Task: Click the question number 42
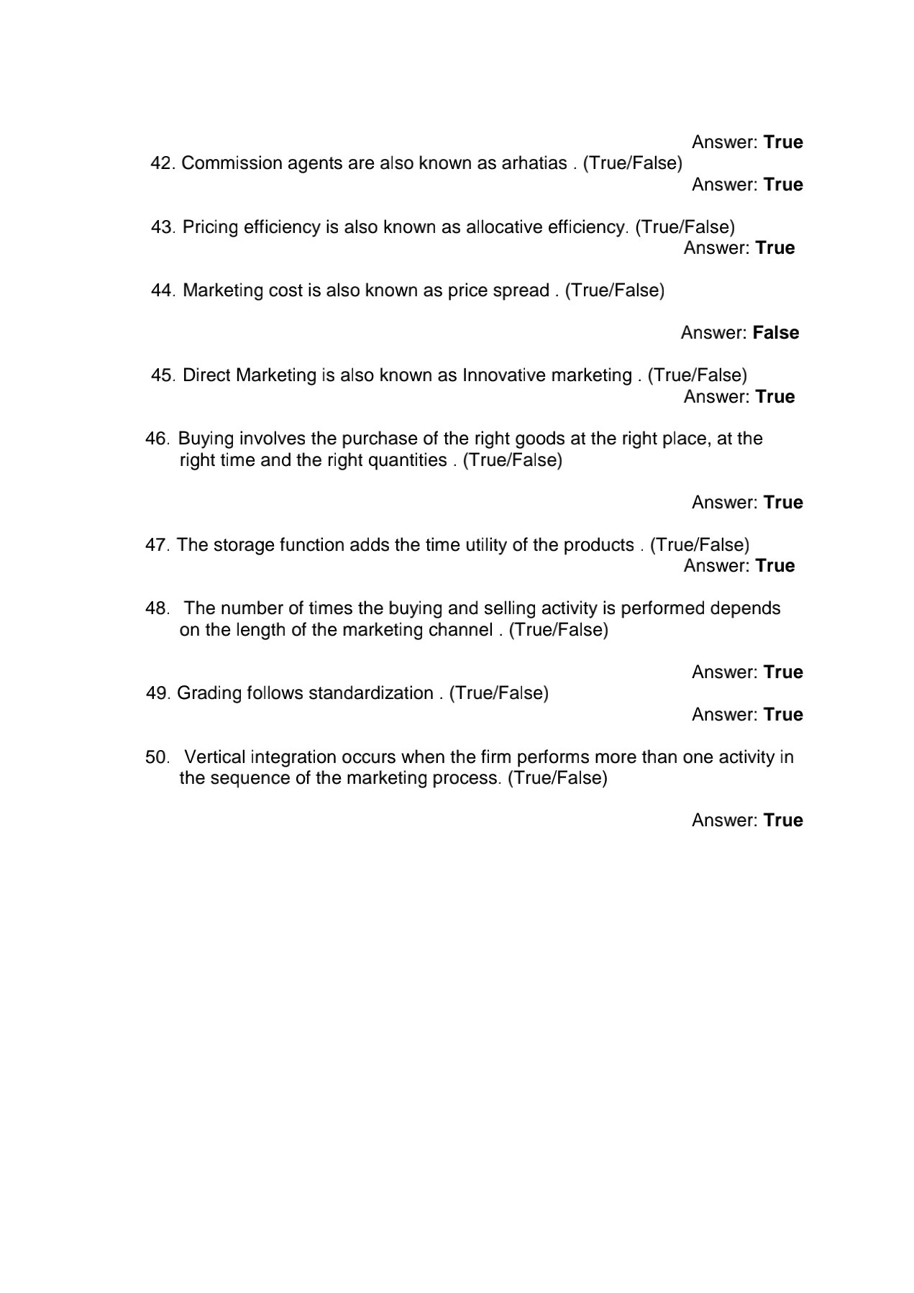click(x=163, y=163)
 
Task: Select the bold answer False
click(x=776, y=333)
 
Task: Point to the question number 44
click(x=163, y=291)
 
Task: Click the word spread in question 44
click(x=523, y=291)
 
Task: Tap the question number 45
click(x=163, y=375)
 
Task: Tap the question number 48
click(x=157, y=608)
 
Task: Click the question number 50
click(x=157, y=757)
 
